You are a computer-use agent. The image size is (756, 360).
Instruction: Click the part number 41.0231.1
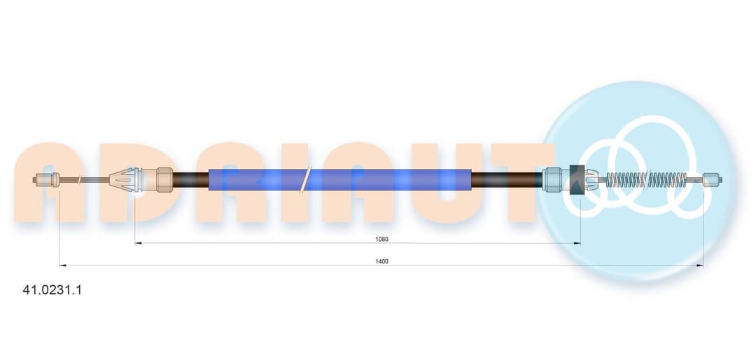click(52, 290)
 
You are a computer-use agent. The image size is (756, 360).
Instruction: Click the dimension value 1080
click(382, 239)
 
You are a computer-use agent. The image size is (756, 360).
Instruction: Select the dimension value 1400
click(382, 261)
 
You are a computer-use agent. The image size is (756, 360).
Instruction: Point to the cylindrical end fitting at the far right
click(713, 180)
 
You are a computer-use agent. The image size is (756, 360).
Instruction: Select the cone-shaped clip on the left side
click(124, 179)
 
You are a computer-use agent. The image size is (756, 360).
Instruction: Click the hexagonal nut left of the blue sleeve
click(165, 179)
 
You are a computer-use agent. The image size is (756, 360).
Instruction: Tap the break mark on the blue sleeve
click(305, 179)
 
